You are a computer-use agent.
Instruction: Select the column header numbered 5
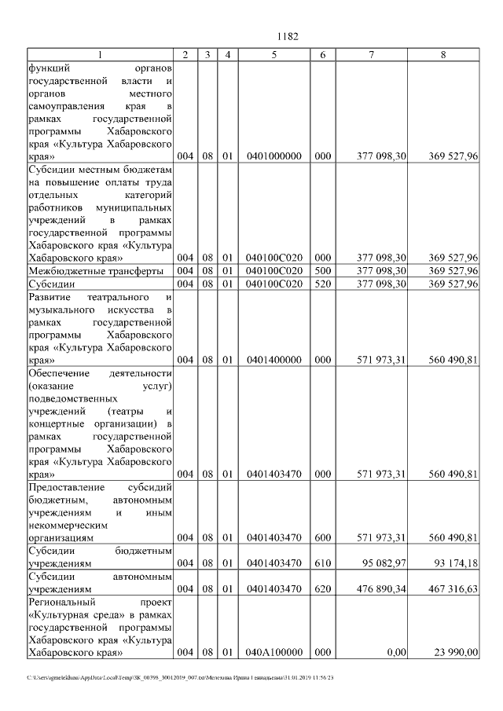click(274, 55)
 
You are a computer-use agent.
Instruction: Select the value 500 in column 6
click(323, 271)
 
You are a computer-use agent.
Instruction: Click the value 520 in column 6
click(323, 284)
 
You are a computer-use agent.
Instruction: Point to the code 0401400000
click(274, 361)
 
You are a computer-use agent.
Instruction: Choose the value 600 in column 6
click(323, 538)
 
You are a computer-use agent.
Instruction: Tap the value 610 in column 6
click(323, 563)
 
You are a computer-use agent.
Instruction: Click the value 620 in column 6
click(323, 588)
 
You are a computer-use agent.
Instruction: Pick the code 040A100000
click(274, 652)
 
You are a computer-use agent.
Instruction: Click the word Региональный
click(58, 601)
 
